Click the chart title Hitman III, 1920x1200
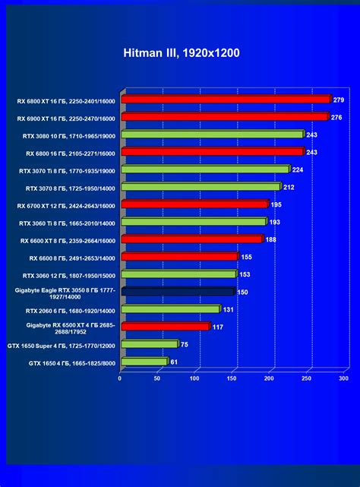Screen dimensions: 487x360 coord(180,54)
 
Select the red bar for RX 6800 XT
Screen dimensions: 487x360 coord(226,99)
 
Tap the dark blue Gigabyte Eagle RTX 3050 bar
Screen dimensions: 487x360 coord(178,291)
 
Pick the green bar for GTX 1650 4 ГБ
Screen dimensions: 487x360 coord(144,362)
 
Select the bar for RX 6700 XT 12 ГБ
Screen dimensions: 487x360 coord(194,204)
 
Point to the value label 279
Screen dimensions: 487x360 coord(339,100)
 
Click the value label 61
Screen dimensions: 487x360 coord(173,362)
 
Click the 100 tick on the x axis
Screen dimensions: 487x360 coord(195,378)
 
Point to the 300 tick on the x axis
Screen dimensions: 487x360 coord(343,378)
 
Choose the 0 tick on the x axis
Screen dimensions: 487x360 coord(120,378)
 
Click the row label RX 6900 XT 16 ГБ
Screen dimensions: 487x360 coord(65,119)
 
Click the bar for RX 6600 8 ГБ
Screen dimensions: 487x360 coord(179,257)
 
